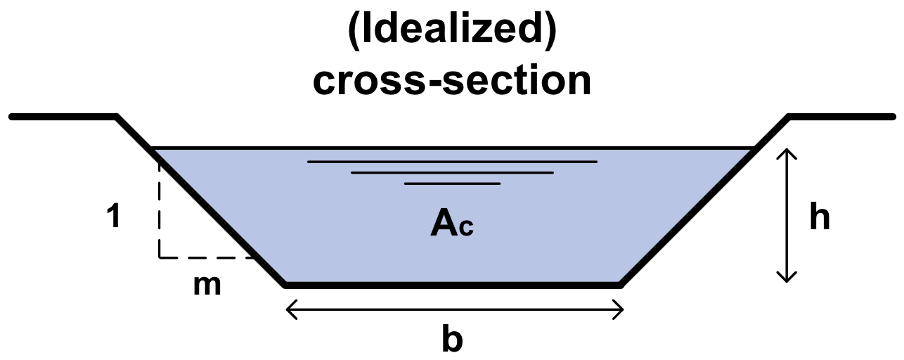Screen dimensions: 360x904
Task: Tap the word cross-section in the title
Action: click(452, 81)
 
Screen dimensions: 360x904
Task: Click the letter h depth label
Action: click(820, 218)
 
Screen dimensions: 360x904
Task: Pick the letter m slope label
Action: click(207, 285)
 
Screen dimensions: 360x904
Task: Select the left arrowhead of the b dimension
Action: click(289, 309)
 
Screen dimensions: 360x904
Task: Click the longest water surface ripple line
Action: click(452, 162)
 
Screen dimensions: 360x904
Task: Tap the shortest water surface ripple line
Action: click(452, 184)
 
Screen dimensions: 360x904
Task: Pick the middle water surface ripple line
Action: click(452, 172)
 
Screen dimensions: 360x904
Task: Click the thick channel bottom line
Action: click(452, 285)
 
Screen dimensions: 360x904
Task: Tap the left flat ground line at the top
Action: click(63, 115)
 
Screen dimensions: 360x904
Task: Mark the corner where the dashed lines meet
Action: click(160, 257)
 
